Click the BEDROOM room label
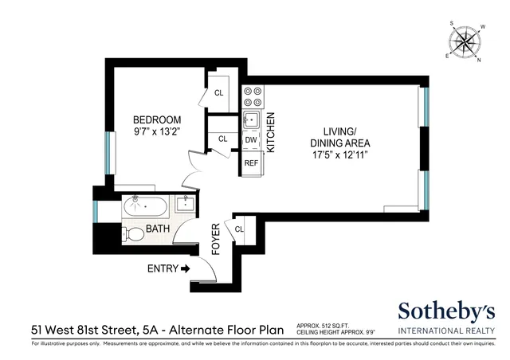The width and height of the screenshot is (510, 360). pos(156,120)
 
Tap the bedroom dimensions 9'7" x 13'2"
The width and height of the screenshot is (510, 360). pos(156,132)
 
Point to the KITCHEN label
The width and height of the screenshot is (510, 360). pos(271,132)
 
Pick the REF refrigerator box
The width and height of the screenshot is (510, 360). pos(251,163)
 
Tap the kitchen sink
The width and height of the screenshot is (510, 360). pos(251,120)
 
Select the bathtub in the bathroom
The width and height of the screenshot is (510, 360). pos(146,209)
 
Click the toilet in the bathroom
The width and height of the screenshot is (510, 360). pos(134,234)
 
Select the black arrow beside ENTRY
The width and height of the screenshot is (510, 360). pos(186,269)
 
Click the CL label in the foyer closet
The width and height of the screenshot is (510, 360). pos(238,230)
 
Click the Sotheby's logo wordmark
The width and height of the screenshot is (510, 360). pos(446,311)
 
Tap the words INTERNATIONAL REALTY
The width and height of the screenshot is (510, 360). pos(446,331)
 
